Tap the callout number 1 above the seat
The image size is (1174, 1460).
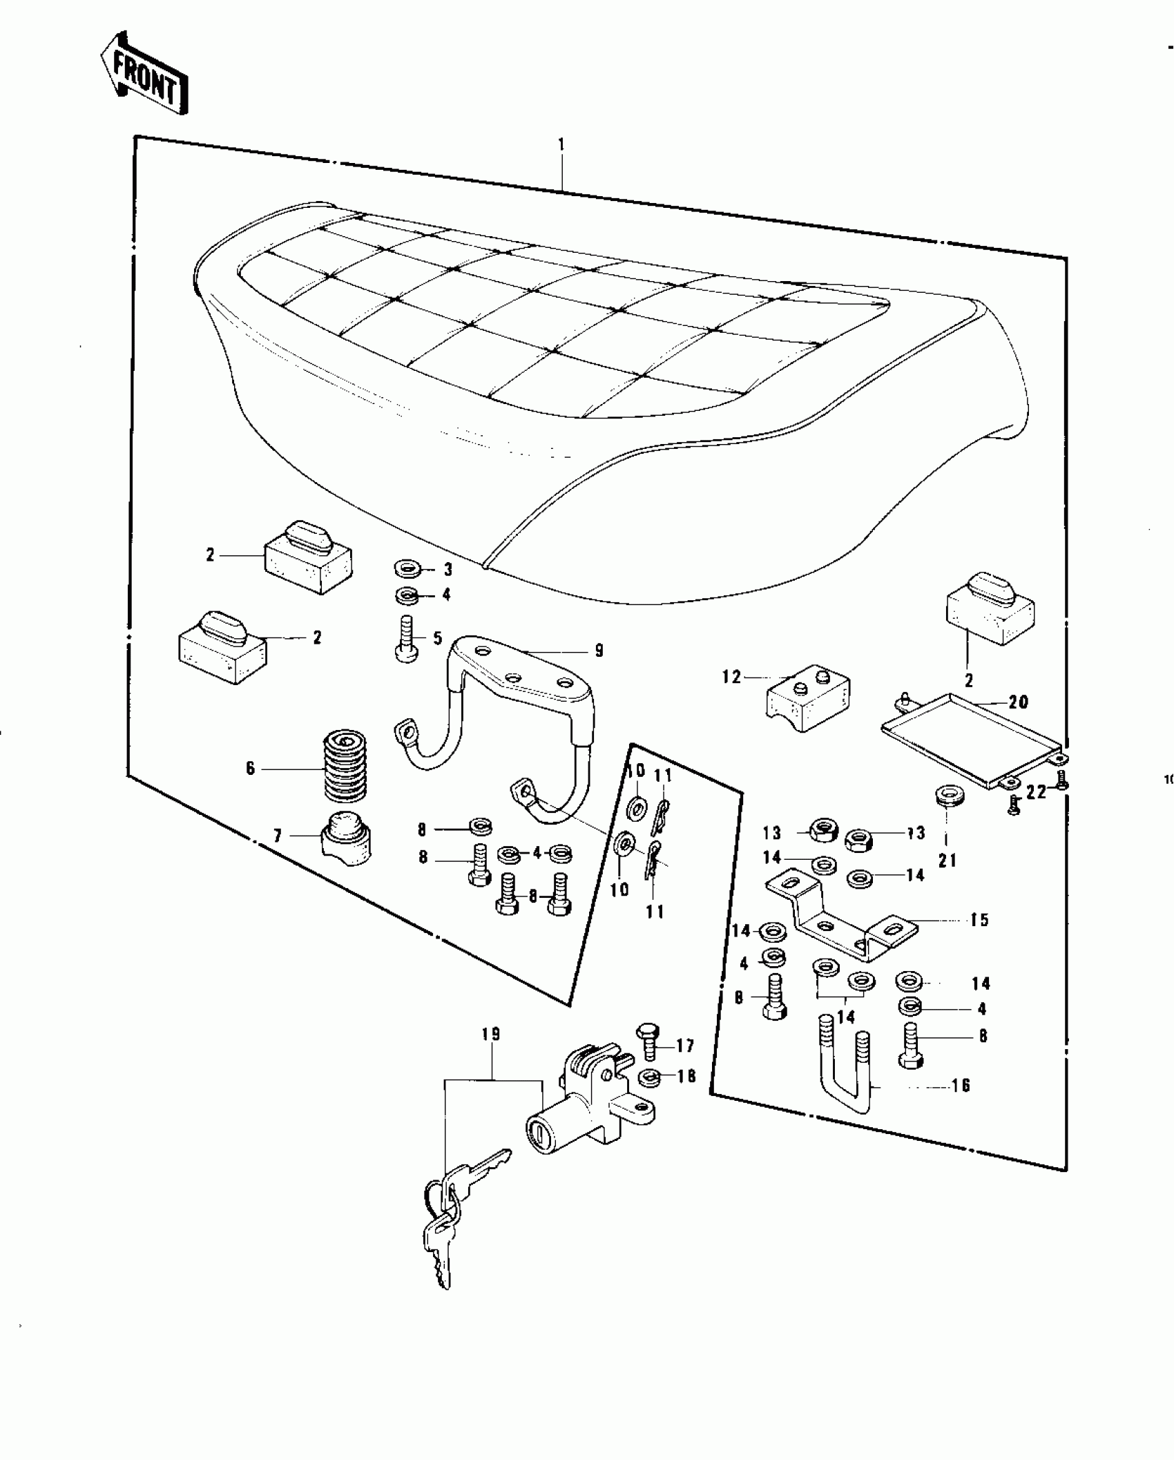(561, 144)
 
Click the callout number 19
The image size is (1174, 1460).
(492, 1035)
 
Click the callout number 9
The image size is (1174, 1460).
(599, 650)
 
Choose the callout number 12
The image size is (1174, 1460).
(731, 677)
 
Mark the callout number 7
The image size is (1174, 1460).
(278, 837)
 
